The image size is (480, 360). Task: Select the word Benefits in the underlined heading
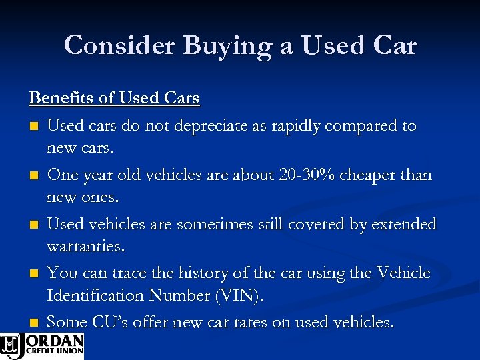[62, 98]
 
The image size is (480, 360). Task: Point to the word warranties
[85, 246]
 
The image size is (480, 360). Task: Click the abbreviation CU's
[109, 323]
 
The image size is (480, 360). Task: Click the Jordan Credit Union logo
[42, 345]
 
